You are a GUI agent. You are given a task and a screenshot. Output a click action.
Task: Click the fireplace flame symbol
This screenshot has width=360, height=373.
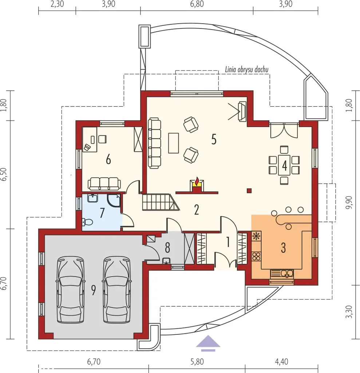[197, 181]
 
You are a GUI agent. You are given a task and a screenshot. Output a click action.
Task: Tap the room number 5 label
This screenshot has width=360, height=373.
[214, 140]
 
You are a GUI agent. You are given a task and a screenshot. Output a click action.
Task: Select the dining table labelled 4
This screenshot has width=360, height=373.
[284, 165]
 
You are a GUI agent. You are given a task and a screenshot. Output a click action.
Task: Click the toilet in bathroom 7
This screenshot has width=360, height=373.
[87, 222]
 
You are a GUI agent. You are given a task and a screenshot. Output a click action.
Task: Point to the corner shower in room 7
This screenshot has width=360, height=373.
[114, 201]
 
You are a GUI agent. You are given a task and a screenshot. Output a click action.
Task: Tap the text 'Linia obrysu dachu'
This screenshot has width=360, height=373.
[246, 70]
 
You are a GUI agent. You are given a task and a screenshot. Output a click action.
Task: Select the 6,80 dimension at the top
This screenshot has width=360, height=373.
[197, 4]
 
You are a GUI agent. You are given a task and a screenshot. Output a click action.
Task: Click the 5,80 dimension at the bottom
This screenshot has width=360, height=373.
[197, 362]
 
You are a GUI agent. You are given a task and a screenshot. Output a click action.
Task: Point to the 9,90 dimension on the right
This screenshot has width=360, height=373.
[349, 203]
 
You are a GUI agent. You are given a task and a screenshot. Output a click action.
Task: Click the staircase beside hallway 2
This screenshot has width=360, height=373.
[161, 202]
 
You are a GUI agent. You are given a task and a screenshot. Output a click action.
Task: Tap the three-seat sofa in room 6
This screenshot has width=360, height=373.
[104, 184]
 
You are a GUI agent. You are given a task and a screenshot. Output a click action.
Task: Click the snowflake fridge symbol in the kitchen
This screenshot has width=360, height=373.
[256, 236]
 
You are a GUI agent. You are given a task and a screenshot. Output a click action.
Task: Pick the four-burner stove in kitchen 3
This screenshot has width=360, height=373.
[256, 256]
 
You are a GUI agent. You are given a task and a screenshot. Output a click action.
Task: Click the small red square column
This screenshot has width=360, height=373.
[249, 191]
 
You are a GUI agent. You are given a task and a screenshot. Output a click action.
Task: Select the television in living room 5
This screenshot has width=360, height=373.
[242, 111]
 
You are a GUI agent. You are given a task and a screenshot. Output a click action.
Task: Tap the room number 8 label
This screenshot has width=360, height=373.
[168, 248]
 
